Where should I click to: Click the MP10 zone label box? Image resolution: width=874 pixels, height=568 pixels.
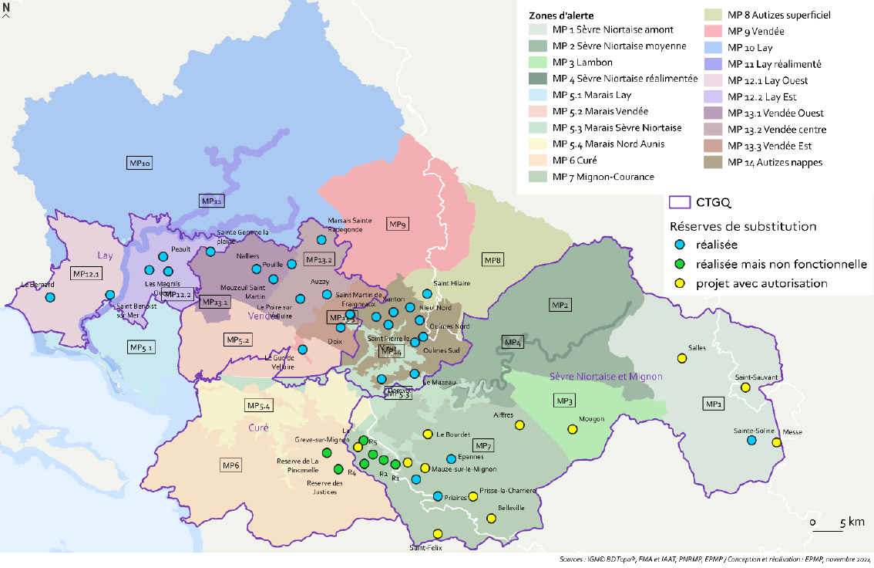[x=140, y=163]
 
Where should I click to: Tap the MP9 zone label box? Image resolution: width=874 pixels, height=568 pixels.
[x=398, y=225]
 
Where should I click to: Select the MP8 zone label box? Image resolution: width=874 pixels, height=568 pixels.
[x=492, y=259]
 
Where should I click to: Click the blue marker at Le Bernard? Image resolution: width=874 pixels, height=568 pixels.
[x=50, y=297]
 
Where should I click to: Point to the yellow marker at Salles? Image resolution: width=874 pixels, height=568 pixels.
[x=681, y=359]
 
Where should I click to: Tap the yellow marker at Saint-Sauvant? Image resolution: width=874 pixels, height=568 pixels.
[x=745, y=387]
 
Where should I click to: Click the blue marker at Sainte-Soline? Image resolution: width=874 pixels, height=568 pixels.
[x=752, y=440]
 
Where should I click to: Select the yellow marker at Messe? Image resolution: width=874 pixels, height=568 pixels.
[x=777, y=442]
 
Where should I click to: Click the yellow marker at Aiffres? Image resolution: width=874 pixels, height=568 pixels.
[x=519, y=425]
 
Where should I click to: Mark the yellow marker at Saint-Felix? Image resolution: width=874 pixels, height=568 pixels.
[x=438, y=533]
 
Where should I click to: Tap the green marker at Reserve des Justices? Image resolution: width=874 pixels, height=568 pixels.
[x=338, y=469]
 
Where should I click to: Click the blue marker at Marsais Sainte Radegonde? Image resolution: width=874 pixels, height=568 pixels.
[x=321, y=239]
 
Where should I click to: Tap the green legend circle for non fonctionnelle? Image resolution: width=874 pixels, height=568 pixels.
[x=679, y=264]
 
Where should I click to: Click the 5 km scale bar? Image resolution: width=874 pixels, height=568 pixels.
[x=828, y=530]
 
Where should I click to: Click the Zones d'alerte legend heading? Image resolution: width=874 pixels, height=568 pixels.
[x=561, y=15]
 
